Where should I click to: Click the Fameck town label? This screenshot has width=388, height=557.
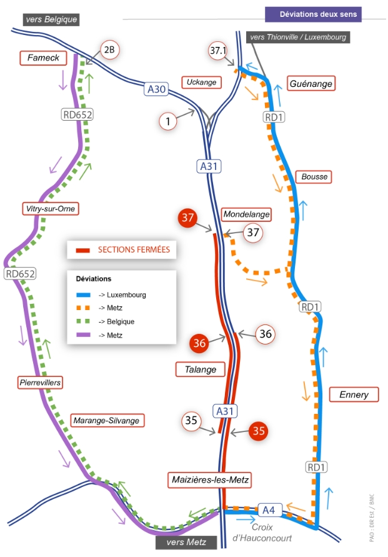(43, 58)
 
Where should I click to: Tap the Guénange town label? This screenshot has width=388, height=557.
(311, 84)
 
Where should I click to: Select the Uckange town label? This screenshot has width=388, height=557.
(202, 82)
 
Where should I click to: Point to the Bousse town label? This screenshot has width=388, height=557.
(314, 176)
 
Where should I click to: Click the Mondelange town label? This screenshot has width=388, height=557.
(246, 214)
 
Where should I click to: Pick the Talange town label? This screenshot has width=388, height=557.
(201, 369)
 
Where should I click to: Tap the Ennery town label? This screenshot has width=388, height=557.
(354, 394)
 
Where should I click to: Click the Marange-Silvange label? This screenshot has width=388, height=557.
(106, 420)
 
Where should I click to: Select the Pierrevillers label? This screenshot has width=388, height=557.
(40, 383)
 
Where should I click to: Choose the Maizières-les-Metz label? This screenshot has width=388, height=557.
(210, 479)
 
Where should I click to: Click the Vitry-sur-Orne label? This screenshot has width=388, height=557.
(51, 209)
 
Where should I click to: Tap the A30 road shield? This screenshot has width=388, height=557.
(157, 89)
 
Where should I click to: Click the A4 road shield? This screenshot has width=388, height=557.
(269, 510)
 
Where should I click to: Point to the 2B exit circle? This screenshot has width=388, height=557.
(110, 50)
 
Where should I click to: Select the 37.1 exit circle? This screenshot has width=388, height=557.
(217, 51)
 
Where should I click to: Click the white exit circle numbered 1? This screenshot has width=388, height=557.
(168, 121)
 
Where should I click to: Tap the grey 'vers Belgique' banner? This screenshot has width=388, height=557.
(51, 19)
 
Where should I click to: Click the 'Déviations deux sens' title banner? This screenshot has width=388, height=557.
(314, 14)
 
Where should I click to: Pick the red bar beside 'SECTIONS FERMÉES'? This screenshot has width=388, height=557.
(83, 250)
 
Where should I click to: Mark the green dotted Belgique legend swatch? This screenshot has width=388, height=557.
(83, 321)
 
